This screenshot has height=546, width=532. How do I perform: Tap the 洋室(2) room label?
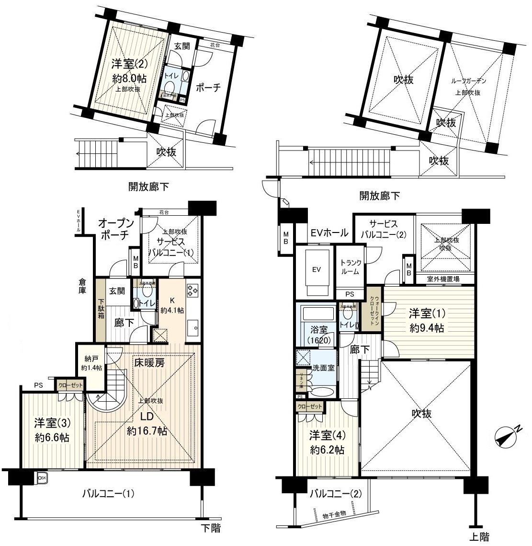[128, 64]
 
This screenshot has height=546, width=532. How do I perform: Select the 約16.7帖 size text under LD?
[147, 431]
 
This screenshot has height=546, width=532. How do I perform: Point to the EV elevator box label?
[316, 269]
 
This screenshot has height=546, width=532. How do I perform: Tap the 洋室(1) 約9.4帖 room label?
[426, 321]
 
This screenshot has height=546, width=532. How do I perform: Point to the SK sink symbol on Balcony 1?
[42, 477]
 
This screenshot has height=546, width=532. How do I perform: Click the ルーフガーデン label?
[468, 81]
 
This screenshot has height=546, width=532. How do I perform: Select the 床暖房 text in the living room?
[149, 363]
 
